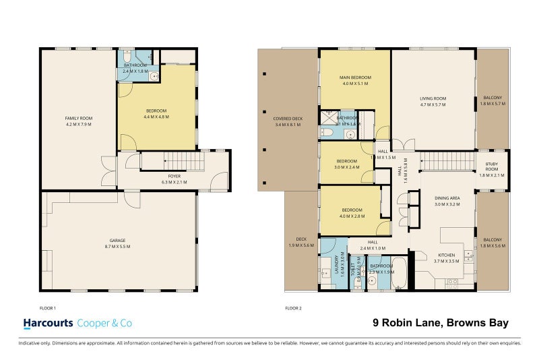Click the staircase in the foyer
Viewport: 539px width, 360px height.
(171, 161)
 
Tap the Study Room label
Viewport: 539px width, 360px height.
(492, 172)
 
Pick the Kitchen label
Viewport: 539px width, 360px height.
(446, 257)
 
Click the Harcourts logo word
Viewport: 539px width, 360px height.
(49, 324)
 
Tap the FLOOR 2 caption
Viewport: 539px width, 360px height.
(293, 307)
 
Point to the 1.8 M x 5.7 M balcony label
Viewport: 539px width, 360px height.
(492, 102)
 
